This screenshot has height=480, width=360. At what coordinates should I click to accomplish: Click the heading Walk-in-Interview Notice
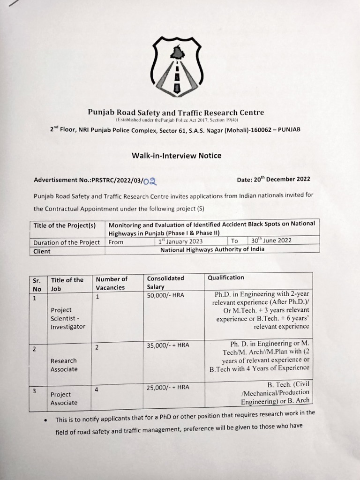(177, 156)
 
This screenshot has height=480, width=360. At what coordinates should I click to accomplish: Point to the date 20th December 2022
(274, 179)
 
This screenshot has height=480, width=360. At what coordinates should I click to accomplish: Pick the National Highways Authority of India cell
(212, 249)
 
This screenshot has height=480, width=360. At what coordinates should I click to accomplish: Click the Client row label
(42, 251)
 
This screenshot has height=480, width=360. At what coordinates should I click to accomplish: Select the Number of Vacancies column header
(112, 283)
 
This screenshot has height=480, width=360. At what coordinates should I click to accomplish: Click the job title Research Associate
(64, 365)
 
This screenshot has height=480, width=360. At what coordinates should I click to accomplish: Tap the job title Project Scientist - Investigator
(68, 318)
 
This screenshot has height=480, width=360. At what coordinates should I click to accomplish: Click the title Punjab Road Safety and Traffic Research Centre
(176, 112)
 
